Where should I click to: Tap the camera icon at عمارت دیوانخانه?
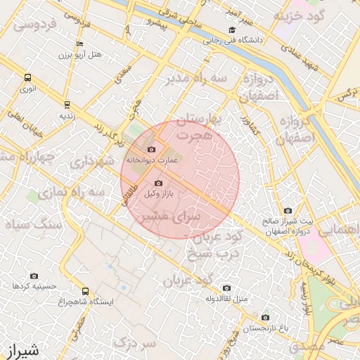pyautogui.click(x=152, y=149)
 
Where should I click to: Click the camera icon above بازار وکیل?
pyautogui.click(x=157, y=183)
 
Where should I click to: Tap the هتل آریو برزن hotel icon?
pyautogui.click(x=79, y=44)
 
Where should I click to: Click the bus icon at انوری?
pyautogui.click(x=27, y=78)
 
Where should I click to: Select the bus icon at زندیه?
pyautogui.click(x=67, y=104)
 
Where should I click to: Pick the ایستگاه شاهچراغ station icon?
pyautogui.click(x=86, y=291)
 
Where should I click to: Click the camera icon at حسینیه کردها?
pyautogui.click(x=34, y=276)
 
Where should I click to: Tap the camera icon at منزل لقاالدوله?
pyautogui.click(x=226, y=288)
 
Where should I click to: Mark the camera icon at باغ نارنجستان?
pyautogui.click(x=265, y=317)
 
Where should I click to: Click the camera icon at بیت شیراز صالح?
pyautogui.click(x=288, y=210)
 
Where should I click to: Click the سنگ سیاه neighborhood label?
pyautogui.click(x=34, y=224)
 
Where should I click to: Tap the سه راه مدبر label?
pyautogui.click(x=196, y=78)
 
